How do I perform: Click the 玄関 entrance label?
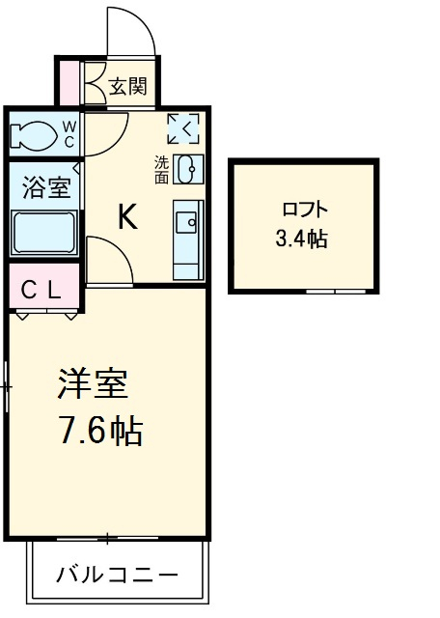click(x=127, y=87)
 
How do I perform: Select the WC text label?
click(x=69, y=132)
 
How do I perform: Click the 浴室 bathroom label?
click(x=45, y=187)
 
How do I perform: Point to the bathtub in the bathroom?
click(x=44, y=232)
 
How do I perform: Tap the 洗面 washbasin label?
click(x=161, y=170)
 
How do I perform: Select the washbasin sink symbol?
click(x=189, y=168)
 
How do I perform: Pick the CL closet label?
click(x=42, y=287)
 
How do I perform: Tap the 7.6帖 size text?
click(x=100, y=432)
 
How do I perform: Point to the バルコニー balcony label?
click(x=116, y=575)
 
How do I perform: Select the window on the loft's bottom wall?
click(x=334, y=290)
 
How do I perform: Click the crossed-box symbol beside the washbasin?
click(x=182, y=126)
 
